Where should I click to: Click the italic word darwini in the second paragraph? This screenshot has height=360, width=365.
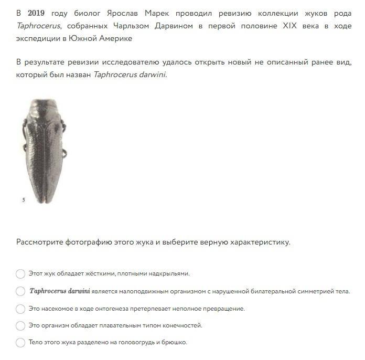151,75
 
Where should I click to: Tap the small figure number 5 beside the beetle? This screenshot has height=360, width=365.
24,200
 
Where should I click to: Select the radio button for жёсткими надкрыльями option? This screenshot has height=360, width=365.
20,273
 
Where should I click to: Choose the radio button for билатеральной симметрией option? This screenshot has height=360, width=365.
20,291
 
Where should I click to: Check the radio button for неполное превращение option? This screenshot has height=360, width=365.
20,309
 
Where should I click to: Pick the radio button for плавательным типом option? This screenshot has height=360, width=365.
20,325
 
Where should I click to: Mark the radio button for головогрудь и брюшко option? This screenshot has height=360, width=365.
20,343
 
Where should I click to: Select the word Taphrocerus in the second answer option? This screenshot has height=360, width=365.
48,291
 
